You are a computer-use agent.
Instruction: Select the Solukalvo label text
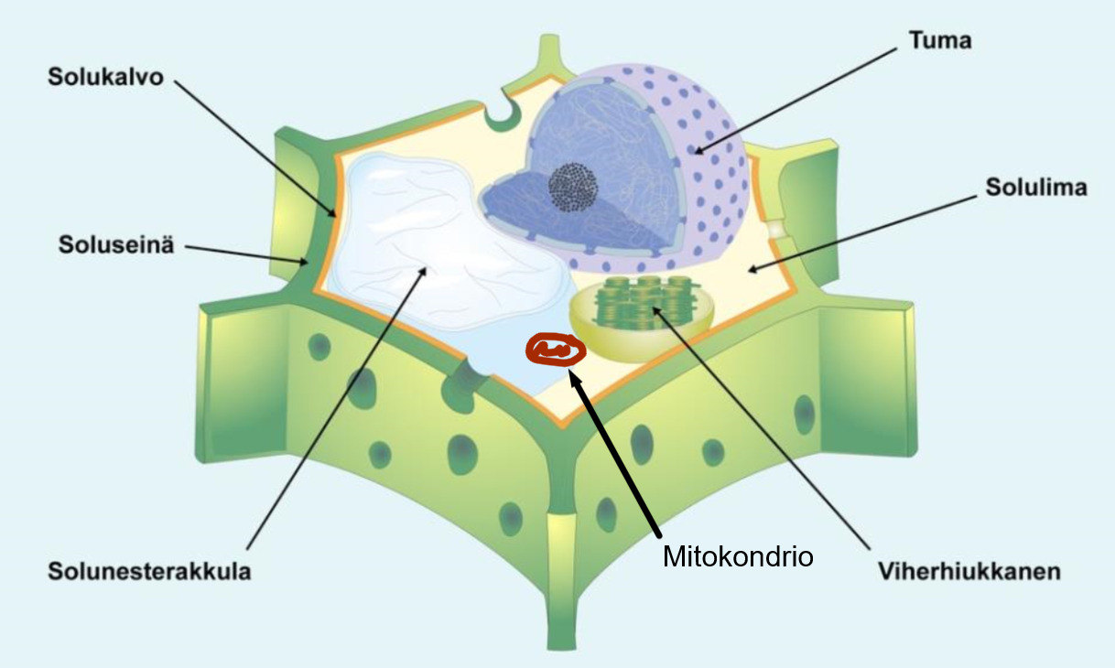105,78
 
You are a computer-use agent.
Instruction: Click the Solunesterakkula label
149,572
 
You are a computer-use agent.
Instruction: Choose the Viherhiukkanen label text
969,572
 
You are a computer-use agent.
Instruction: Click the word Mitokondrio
738,555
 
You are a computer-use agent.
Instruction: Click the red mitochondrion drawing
554,349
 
